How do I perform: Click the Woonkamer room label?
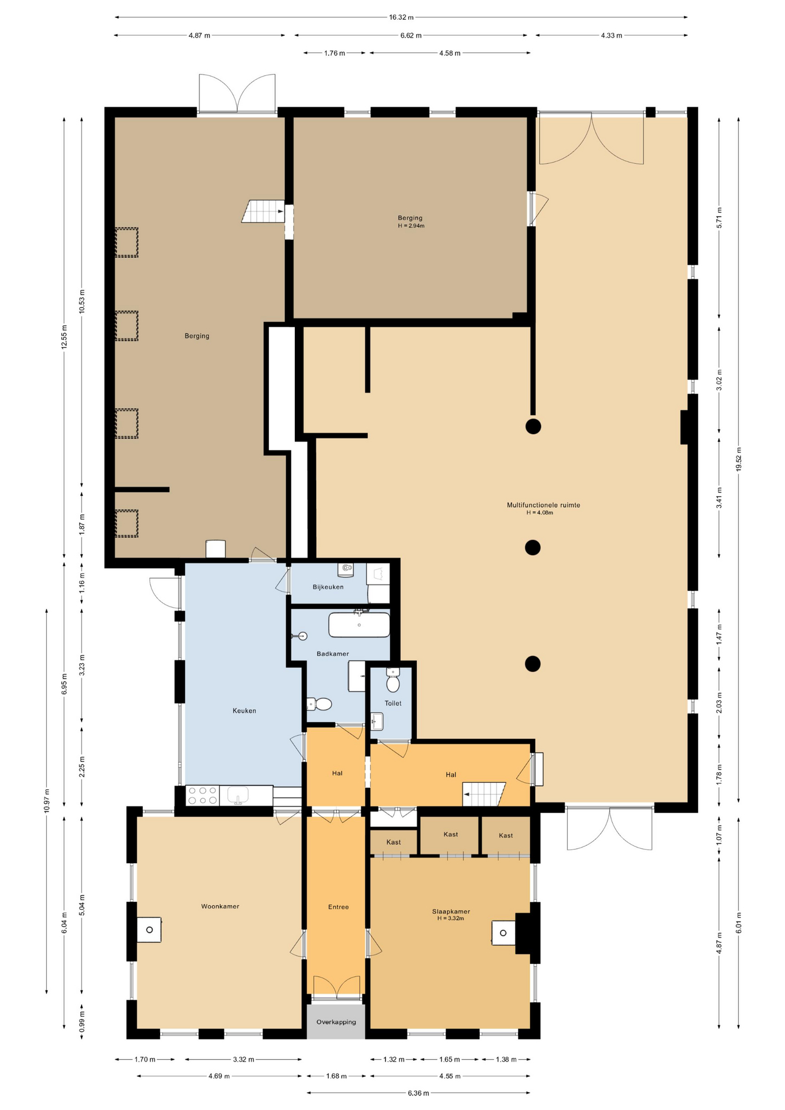coord(220,906)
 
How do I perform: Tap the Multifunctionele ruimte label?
coord(543,505)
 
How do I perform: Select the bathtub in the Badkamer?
coord(359,624)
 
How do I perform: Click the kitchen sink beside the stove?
coord(238,795)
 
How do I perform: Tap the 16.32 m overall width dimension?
coord(401,17)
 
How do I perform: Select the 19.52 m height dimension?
coord(738,460)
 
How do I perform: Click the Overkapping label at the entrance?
coord(336,1022)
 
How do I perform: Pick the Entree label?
coord(338,906)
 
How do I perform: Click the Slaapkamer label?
coord(451,911)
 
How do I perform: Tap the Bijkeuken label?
coord(328,587)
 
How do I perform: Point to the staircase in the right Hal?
coord(484,794)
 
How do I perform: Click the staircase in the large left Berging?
coord(263,211)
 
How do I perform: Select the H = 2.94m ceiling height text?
coord(411,226)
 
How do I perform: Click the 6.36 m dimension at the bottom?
coord(419,1093)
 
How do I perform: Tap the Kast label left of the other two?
coord(393,842)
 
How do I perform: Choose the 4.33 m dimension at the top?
coord(612,35)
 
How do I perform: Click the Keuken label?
coord(244,711)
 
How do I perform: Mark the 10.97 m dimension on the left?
coord(46,801)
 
